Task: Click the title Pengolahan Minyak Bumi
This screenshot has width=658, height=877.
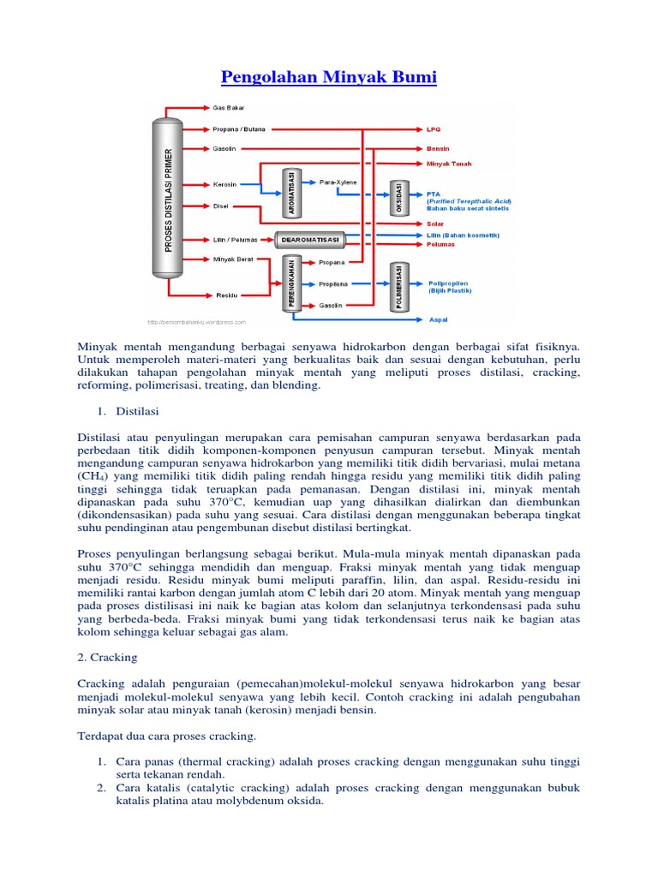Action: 329,78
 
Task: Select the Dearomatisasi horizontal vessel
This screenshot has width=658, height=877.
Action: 310,240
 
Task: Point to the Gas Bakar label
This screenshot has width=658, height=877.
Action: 229,109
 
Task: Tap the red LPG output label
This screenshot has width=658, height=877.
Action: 434,130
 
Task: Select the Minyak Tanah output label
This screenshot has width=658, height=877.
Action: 449,164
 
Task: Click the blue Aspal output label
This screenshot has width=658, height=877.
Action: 436,321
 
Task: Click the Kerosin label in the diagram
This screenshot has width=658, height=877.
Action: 225,183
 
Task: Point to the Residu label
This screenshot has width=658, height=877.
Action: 226,295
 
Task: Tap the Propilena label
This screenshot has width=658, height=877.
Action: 333,283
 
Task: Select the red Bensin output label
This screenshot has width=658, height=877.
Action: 438,147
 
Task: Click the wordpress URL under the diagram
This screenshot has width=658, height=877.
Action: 196,323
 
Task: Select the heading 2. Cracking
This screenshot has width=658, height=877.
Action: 107,657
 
